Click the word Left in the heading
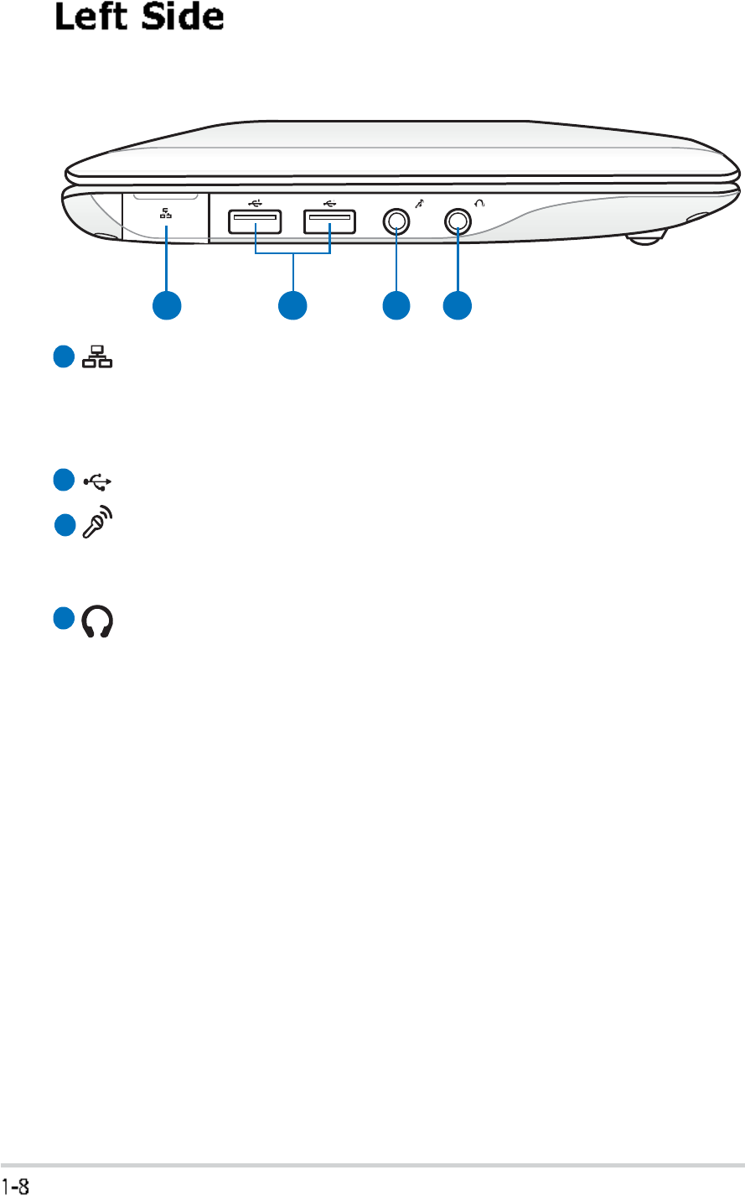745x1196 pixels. click(91, 18)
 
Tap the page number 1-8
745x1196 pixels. click(17, 1185)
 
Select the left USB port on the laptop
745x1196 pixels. click(254, 221)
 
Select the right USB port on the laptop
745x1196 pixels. click(329, 221)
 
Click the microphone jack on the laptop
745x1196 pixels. click(396, 221)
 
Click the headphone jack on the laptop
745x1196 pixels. click(458, 221)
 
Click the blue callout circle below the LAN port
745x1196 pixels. click(166, 305)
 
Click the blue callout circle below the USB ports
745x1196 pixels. click(292, 305)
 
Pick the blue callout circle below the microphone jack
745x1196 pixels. click(396, 305)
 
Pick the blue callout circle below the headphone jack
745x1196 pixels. click(458, 305)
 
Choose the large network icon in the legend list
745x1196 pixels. click(99, 358)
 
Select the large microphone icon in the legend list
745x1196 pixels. click(99, 524)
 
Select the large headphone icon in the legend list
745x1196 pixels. click(99, 622)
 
